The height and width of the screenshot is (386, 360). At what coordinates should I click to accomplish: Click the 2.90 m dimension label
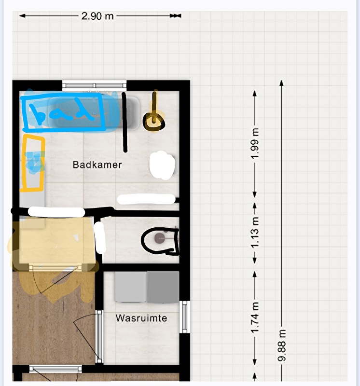(97, 16)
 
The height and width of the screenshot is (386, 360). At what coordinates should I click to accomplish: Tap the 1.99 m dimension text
(255, 143)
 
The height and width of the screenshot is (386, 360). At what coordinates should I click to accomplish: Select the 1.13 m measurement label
(255, 233)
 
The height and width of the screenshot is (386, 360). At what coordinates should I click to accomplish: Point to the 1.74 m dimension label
(255, 317)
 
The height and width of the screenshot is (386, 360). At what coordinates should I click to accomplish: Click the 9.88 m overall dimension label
(282, 345)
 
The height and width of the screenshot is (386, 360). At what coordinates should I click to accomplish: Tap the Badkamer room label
(97, 165)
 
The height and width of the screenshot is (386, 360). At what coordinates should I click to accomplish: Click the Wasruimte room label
(141, 318)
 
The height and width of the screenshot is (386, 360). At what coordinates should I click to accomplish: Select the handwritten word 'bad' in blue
(62, 112)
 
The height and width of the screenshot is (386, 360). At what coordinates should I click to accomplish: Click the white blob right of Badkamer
(162, 165)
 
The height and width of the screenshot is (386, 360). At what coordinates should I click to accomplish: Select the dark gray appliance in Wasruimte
(163, 287)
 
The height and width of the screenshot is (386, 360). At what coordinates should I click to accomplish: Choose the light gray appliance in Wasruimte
(131, 287)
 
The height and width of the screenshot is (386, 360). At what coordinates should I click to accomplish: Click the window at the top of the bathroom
(94, 85)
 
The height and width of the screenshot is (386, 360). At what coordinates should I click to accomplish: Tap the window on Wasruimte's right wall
(185, 317)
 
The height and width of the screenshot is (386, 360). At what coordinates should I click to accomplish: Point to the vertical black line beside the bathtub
(125, 122)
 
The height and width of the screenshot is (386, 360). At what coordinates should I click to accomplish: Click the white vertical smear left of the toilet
(100, 238)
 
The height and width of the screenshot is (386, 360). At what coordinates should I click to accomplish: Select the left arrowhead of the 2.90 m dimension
(22, 16)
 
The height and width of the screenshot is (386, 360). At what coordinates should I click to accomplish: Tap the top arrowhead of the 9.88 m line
(282, 83)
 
